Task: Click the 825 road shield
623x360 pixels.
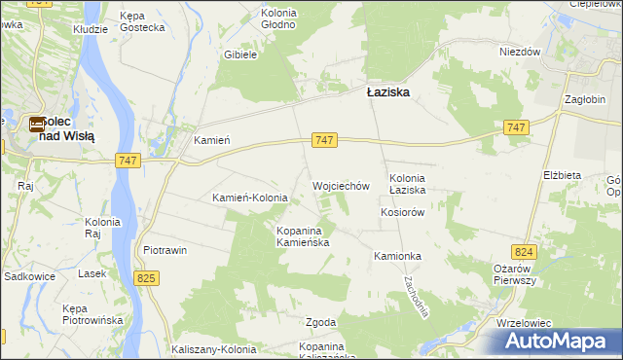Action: [146, 279]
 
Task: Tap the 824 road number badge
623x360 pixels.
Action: [525, 252]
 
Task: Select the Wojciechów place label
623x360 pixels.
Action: [341, 185]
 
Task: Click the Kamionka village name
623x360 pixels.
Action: [397, 256]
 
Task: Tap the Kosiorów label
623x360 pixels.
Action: [403, 212]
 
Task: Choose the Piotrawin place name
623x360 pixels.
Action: [165, 250]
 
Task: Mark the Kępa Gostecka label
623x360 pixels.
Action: [143, 21]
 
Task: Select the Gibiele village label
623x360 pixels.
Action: [239, 54]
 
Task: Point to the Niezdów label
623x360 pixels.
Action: [520, 53]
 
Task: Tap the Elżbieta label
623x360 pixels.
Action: [563, 175]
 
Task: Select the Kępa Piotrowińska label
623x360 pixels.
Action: [91, 313]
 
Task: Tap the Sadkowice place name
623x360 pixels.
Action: [28, 276]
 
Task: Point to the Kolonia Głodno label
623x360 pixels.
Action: [277, 18]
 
